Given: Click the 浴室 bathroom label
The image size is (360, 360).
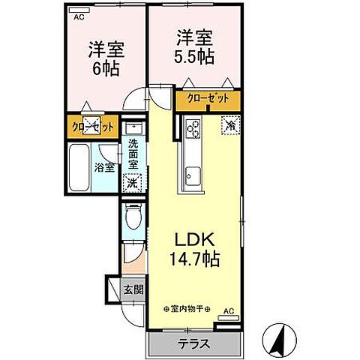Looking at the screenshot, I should (x=104, y=167).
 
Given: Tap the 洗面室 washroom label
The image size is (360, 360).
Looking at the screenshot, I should (x=133, y=153).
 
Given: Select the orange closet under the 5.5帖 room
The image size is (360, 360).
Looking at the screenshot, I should (x=208, y=99).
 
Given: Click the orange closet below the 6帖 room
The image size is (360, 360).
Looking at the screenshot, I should (x=93, y=126).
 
